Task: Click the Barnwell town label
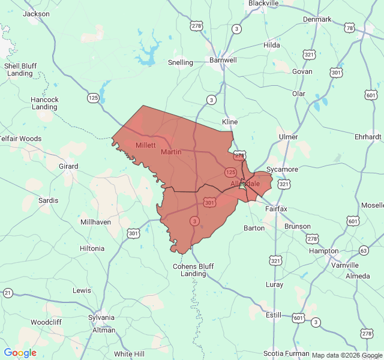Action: [x=223, y=60]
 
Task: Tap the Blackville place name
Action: [x=263, y=4]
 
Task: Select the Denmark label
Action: [x=317, y=19]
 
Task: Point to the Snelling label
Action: [x=181, y=62]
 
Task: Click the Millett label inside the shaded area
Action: [x=146, y=145]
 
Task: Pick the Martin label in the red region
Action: [x=171, y=152]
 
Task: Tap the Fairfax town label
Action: [x=276, y=209]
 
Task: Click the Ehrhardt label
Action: [x=368, y=137]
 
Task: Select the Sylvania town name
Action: [x=101, y=317]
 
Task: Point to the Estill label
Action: [x=273, y=314]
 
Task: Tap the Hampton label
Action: [x=323, y=251]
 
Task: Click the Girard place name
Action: [x=68, y=166]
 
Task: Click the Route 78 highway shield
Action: [x=349, y=28]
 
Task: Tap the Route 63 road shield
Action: [x=364, y=250]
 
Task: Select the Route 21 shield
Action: [x=7, y=293]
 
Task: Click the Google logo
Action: [x=20, y=353]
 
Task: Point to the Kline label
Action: [x=230, y=121]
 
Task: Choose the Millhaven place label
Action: [x=95, y=222]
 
